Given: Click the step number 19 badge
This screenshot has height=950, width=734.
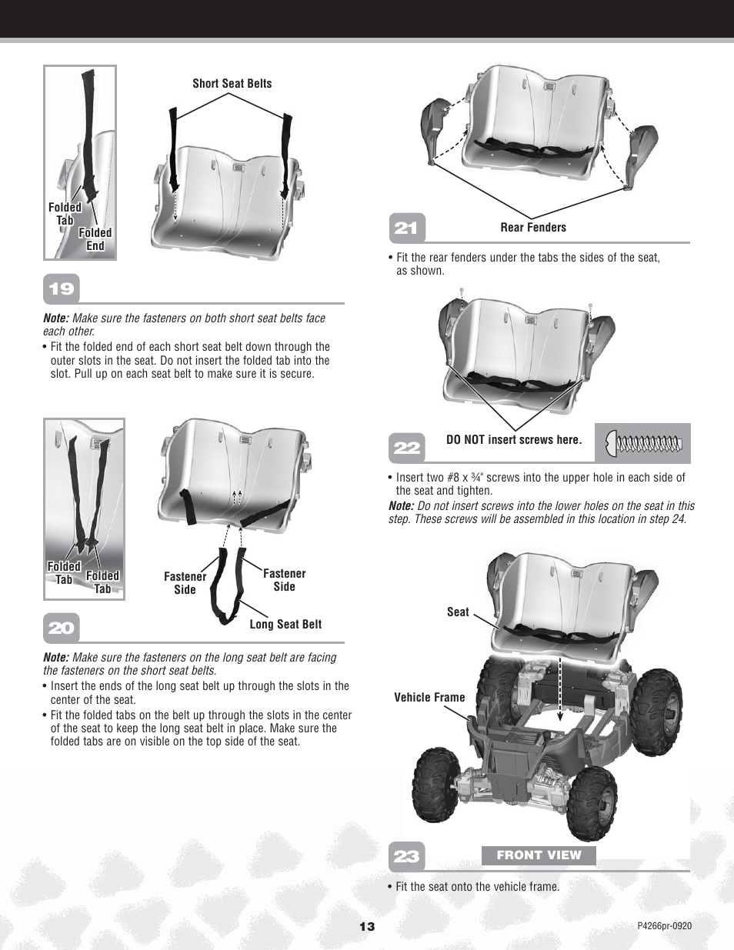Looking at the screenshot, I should [62, 289].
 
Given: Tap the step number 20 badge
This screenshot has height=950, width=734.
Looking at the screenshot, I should [62, 628].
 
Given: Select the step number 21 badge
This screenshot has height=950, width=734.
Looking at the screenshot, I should [406, 228].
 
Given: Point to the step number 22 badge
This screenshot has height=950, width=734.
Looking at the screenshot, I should [406, 448].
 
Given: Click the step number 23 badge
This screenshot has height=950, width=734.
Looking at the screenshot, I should [406, 856].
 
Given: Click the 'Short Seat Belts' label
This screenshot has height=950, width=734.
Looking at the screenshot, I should [232, 84].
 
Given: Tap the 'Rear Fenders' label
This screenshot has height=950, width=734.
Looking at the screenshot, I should [533, 228].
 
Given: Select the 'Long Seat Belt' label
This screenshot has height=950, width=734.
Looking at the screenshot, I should [285, 625].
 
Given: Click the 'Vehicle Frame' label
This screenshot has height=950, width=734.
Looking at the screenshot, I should [429, 698].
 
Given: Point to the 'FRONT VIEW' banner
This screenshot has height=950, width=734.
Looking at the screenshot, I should [539, 855].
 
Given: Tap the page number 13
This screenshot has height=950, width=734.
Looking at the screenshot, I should [367, 926].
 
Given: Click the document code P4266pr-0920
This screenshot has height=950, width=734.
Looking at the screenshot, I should [664, 926].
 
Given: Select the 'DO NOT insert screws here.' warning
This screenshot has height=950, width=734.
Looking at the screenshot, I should [514, 440].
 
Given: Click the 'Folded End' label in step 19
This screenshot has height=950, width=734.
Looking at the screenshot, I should [95, 239].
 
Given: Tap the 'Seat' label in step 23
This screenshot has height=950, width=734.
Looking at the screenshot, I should [458, 612].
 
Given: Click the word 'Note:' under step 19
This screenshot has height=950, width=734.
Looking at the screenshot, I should [56, 318].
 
